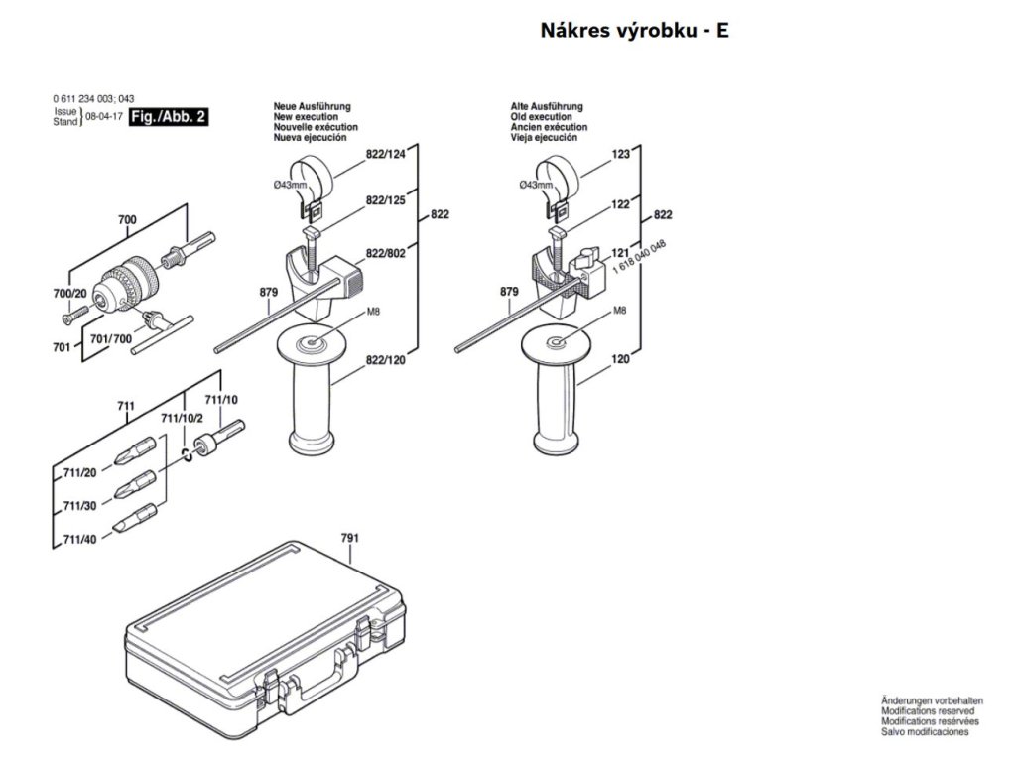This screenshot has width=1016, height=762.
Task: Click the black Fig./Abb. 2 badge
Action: (169, 116)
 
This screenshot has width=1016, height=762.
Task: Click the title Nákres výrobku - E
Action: (634, 30)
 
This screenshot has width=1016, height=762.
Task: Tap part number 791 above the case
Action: (349, 538)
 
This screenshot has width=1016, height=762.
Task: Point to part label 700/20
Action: (68, 293)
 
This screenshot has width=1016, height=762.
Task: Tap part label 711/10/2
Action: (181, 417)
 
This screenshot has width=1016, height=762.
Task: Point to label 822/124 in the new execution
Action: (386, 154)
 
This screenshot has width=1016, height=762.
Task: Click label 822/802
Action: (386, 253)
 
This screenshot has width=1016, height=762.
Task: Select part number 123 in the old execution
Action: (621, 154)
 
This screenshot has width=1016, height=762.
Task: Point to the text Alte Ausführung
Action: (547, 106)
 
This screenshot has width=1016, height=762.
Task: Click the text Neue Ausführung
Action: (313, 106)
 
